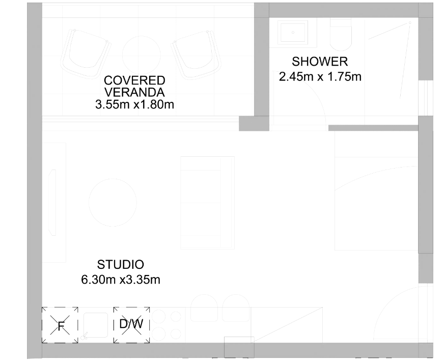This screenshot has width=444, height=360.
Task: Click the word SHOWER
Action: click(x=320, y=62)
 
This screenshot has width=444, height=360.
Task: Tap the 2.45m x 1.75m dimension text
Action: click(x=320, y=77)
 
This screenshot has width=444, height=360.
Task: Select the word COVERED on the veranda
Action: click(x=134, y=80)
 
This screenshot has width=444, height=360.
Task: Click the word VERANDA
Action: click(x=134, y=92)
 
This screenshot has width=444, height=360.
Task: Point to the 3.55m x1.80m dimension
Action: click(x=134, y=104)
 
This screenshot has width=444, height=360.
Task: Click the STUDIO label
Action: click(x=121, y=265)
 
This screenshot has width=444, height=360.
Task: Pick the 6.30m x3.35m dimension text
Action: click(x=121, y=280)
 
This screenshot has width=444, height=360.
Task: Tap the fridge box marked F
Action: click(x=60, y=325)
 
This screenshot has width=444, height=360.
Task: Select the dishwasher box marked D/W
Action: click(x=132, y=325)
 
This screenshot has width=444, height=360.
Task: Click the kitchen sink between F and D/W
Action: click(x=95, y=325)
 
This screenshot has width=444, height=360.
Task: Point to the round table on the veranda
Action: click(x=142, y=54)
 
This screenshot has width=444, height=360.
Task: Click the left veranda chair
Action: click(x=86, y=53)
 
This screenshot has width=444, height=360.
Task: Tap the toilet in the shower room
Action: click(x=341, y=35)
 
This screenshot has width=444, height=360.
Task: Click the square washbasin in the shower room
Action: click(x=293, y=32)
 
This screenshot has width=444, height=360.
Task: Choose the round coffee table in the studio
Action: click(x=113, y=203)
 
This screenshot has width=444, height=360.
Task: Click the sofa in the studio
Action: click(x=208, y=203)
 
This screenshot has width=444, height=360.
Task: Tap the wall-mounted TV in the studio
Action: click(x=52, y=203)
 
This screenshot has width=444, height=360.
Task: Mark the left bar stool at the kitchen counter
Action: click(x=204, y=308)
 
